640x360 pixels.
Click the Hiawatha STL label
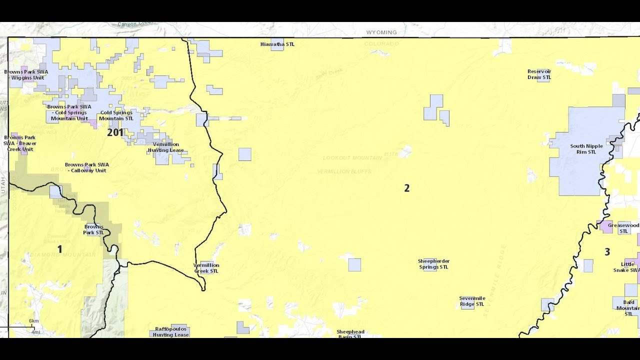coord(277,44)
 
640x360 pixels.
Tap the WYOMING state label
coord(381,32)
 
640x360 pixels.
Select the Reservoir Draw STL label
coord(539,74)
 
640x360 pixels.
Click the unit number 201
coord(115,132)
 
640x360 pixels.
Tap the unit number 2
coord(406,188)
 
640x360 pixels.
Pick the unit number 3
coord(607,252)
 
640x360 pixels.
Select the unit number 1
coord(60,249)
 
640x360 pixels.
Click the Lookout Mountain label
coord(352,158)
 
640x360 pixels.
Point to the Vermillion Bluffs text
coord(344,171)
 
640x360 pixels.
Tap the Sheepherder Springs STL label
coord(433,264)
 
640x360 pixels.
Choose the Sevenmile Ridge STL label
coord(472,301)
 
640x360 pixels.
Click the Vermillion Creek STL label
coord(206,268)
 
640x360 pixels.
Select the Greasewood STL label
coord(623,228)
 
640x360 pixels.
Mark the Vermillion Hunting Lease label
coord(165,147)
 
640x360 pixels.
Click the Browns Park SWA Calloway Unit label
coord(86,167)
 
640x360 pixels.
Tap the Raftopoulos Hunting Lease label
coord(170,332)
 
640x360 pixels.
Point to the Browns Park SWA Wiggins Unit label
coord(26,74)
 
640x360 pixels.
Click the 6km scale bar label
coord(33,321)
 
